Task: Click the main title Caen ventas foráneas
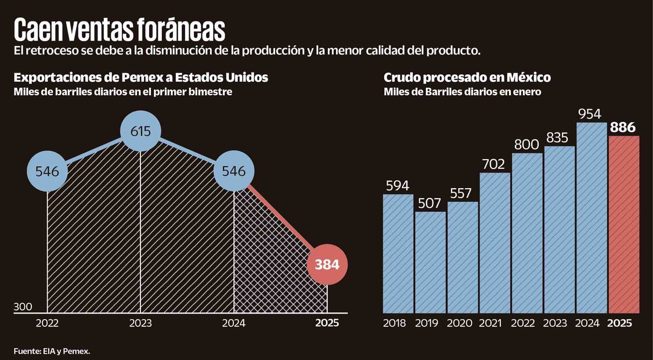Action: pos(120,29)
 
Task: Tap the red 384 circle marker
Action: pos(327,265)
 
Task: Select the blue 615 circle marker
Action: pos(140,131)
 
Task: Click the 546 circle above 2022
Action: pos(47,171)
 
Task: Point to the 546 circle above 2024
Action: pos(234,171)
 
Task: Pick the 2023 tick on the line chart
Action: pos(140,323)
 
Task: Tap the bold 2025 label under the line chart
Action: pos(327,323)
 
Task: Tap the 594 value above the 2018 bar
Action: pos(398,186)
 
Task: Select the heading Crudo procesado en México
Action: pos(467,78)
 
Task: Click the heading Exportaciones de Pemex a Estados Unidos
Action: pos(141,78)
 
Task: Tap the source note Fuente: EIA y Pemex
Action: pos(52,351)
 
